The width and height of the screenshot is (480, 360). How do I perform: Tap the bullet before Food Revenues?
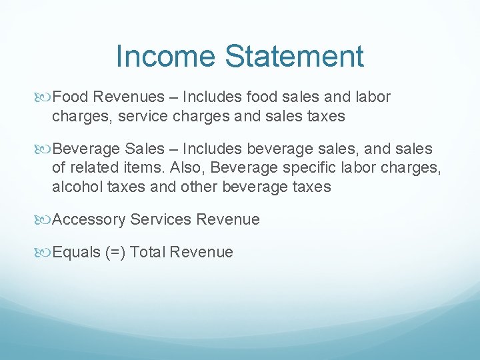(45, 97)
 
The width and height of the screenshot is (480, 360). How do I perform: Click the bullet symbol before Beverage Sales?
(45, 149)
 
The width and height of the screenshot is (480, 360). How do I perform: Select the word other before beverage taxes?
(201, 187)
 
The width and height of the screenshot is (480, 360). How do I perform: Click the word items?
(152, 168)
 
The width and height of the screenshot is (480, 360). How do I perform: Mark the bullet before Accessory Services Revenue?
(45, 220)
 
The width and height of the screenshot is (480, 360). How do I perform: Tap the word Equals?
(76, 253)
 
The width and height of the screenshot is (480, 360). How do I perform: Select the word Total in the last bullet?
(148, 252)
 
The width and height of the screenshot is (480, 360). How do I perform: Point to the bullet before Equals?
(45, 253)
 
